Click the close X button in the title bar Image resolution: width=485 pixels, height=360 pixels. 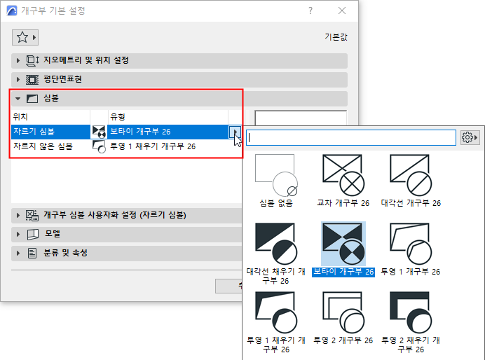pos(342,11)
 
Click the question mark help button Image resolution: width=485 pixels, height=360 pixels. pos(310,11)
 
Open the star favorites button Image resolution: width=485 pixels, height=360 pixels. pos(25,37)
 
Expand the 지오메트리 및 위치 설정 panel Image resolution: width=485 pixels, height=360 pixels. pos(18,60)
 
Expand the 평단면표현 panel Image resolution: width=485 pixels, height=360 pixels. pos(18,79)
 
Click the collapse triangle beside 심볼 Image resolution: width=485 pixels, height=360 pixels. pos(18,99)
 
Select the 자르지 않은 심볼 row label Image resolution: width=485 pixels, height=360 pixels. pos(43,146)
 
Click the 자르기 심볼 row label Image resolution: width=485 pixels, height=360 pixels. pos(34,132)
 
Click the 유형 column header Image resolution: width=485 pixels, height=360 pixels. pos(118,117)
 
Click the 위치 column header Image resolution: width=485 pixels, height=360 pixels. pos(20,117)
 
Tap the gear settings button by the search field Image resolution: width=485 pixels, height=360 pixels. pos(469,137)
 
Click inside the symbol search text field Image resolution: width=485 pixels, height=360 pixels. pos(350,137)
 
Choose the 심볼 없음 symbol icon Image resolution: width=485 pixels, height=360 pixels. pos(276,175)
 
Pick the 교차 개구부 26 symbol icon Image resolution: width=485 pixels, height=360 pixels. pos(343,175)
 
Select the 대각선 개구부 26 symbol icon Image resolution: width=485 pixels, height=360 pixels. pos(411,175)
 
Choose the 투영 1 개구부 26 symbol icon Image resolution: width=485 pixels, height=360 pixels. pos(411,244)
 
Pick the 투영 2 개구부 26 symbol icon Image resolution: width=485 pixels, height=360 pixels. pos(343,312)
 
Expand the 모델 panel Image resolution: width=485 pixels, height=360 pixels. pos(18,234)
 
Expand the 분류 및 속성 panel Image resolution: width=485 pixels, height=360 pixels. pos(18,254)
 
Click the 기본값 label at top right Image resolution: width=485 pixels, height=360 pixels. pos(336,37)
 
